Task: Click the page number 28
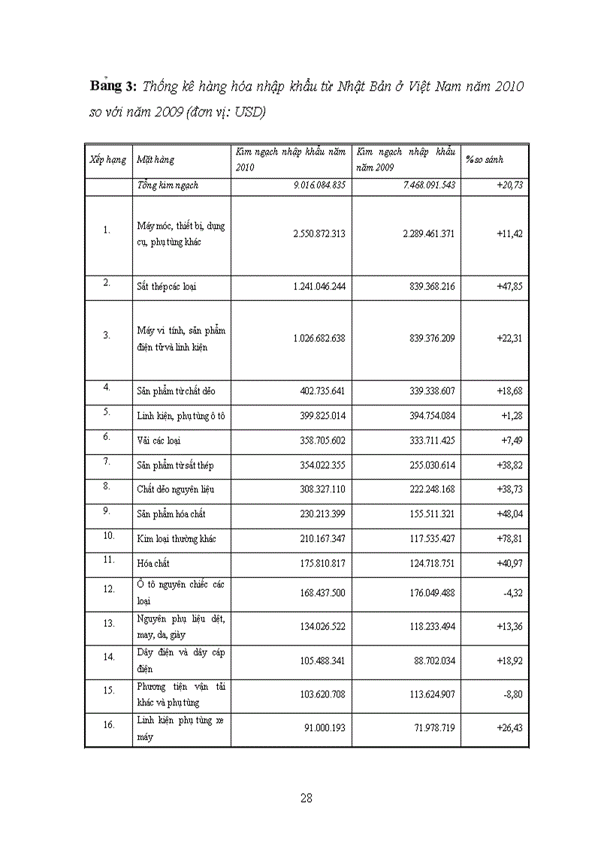[306, 798]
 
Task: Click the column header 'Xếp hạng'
[107, 159]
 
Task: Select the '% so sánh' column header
[485, 159]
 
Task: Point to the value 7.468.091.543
[429, 185]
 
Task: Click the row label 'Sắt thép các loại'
[167, 287]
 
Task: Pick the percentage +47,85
[509, 287]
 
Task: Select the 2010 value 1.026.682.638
[319, 338]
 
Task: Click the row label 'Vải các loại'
[159, 441]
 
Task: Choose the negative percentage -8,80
[512, 694]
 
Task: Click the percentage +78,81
[509, 538]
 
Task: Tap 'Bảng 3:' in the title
[114, 86]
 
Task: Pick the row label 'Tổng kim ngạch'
[168, 185]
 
